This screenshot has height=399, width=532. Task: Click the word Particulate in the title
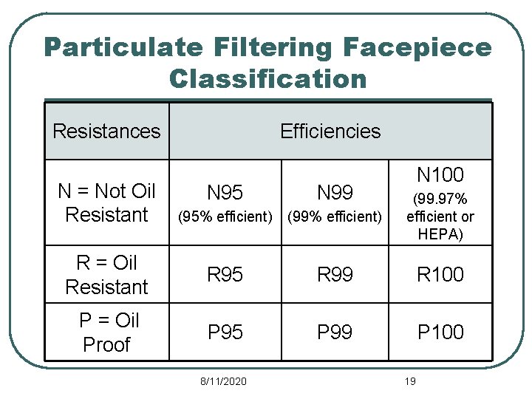point(123,47)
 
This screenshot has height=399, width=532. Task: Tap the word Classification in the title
point(267,78)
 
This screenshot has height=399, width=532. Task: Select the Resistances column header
point(106,132)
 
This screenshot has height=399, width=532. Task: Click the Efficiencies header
point(330,132)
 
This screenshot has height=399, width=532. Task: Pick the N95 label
point(225,194)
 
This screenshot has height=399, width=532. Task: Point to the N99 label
point(335,194)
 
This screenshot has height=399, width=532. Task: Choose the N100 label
point(440,176)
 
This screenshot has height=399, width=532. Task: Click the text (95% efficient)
point(225,217)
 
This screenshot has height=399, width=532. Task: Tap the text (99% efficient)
point(335,217)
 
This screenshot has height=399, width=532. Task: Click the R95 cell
point(225,275)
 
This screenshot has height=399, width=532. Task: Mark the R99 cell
point(335,275)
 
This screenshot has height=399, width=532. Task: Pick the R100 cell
point(440,275)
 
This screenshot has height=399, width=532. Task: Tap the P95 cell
point(225,332)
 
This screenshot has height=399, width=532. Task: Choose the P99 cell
point(335,332)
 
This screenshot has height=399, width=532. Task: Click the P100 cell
point(440,332)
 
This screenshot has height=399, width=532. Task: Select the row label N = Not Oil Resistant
point(106,203)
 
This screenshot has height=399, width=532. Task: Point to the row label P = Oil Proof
point(106,332)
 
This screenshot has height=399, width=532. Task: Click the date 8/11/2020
point(224,381)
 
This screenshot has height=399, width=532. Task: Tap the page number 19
point(411,381)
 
